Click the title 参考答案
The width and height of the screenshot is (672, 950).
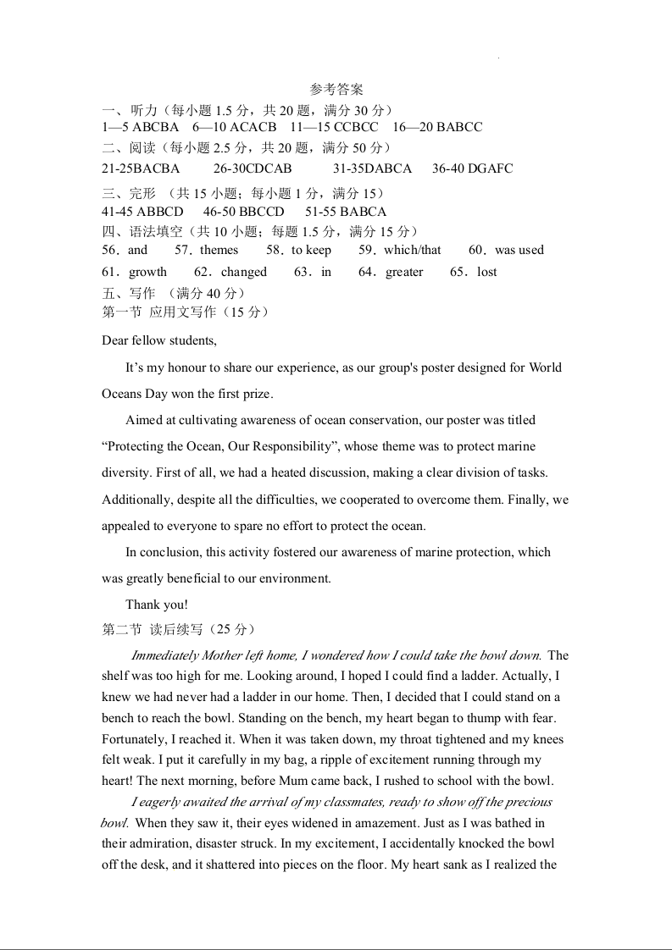[336, 89]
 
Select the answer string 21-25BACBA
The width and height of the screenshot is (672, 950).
[141, 168]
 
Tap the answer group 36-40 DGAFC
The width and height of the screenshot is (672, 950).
[472, 168]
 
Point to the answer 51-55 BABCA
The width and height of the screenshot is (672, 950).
[346, 212]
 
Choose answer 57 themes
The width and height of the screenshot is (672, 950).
[207, 250]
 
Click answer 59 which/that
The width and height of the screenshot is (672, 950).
[400, 250]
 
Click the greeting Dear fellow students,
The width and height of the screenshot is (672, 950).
[159, 340]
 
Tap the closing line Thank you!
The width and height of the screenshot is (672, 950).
[157, 605]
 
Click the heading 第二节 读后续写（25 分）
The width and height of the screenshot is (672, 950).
[178, 629]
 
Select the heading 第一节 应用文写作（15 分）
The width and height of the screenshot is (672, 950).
[186, 312]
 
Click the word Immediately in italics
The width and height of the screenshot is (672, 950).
[164, 655]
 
